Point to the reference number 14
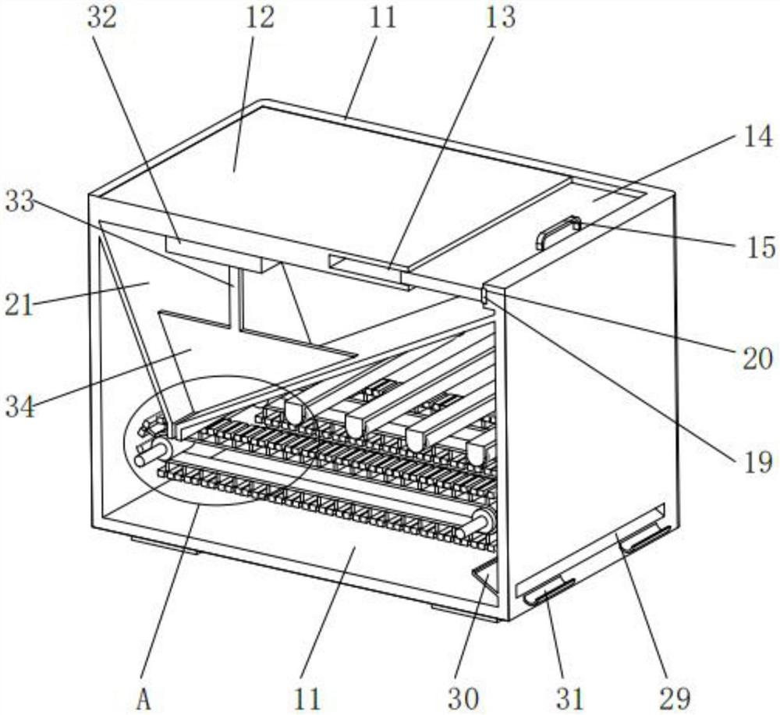coord(758,136)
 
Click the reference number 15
coord(760,247)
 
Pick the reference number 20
coord(757,358)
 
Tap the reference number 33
coord(20,201)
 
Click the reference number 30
coord(463,699)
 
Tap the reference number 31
coord(569,699)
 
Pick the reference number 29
coord(675,699)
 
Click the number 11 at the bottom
coord(307,699)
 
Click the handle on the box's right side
coord(558,232)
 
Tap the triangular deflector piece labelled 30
coord(486,575)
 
